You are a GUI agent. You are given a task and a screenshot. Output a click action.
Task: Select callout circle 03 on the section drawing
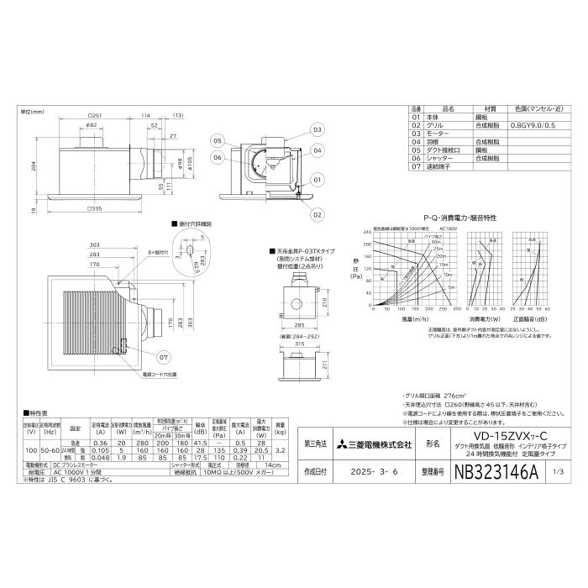click(318, 130)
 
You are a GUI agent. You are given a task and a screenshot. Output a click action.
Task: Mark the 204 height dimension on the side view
click(31, 166)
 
